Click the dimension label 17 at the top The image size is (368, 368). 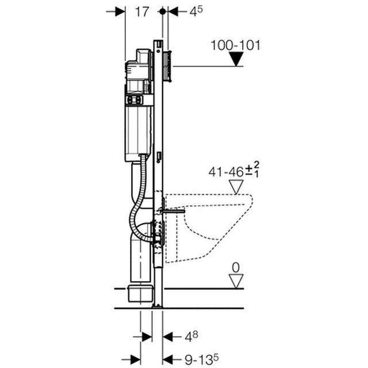tap(143, 11)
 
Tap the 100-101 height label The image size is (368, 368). tap(235, 45)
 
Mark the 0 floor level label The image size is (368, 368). tap(235, 267)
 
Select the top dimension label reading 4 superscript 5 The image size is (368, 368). tap(197, 11)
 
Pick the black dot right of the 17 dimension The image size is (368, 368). tap(163, 11)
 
